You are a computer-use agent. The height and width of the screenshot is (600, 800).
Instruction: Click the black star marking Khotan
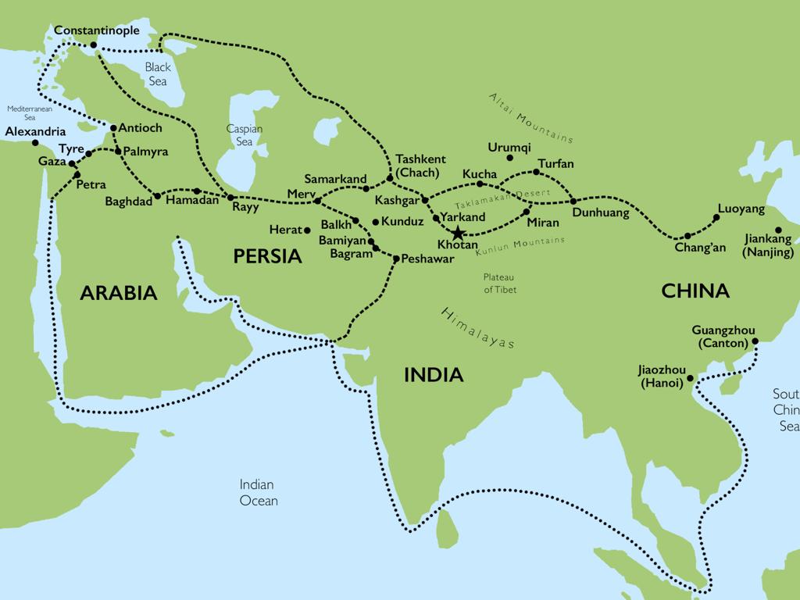coord(458,233)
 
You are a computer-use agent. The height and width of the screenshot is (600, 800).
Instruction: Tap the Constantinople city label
coord(97,31)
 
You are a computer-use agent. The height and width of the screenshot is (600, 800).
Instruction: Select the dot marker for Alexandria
coord(35,143)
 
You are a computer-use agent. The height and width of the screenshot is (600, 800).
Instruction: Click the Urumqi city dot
coord(511,158)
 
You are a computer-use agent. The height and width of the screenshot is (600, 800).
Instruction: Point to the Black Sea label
coord(158,74)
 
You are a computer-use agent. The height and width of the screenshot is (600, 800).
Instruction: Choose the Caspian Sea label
coord(245,135)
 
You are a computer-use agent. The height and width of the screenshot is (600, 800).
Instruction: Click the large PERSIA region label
coord(267,256)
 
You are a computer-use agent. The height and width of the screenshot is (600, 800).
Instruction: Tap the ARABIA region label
coord(119,293)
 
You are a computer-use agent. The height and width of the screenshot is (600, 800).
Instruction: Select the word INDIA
coord(434,375)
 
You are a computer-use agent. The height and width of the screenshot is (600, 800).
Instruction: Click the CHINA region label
coord(695,291)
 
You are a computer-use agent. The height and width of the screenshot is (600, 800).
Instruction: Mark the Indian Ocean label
coord(259,493)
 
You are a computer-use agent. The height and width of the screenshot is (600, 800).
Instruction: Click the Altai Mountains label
coord(530,118)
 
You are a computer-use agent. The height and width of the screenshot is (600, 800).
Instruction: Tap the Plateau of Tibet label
coord(499,283)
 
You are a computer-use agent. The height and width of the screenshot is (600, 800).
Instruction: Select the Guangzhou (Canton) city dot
coord(755,341)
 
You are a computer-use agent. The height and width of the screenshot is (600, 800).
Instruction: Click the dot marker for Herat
coord(308,230)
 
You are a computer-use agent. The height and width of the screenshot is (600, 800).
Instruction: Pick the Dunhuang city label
coord(599,212)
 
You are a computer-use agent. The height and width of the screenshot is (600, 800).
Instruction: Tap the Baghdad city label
coord(128,202)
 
